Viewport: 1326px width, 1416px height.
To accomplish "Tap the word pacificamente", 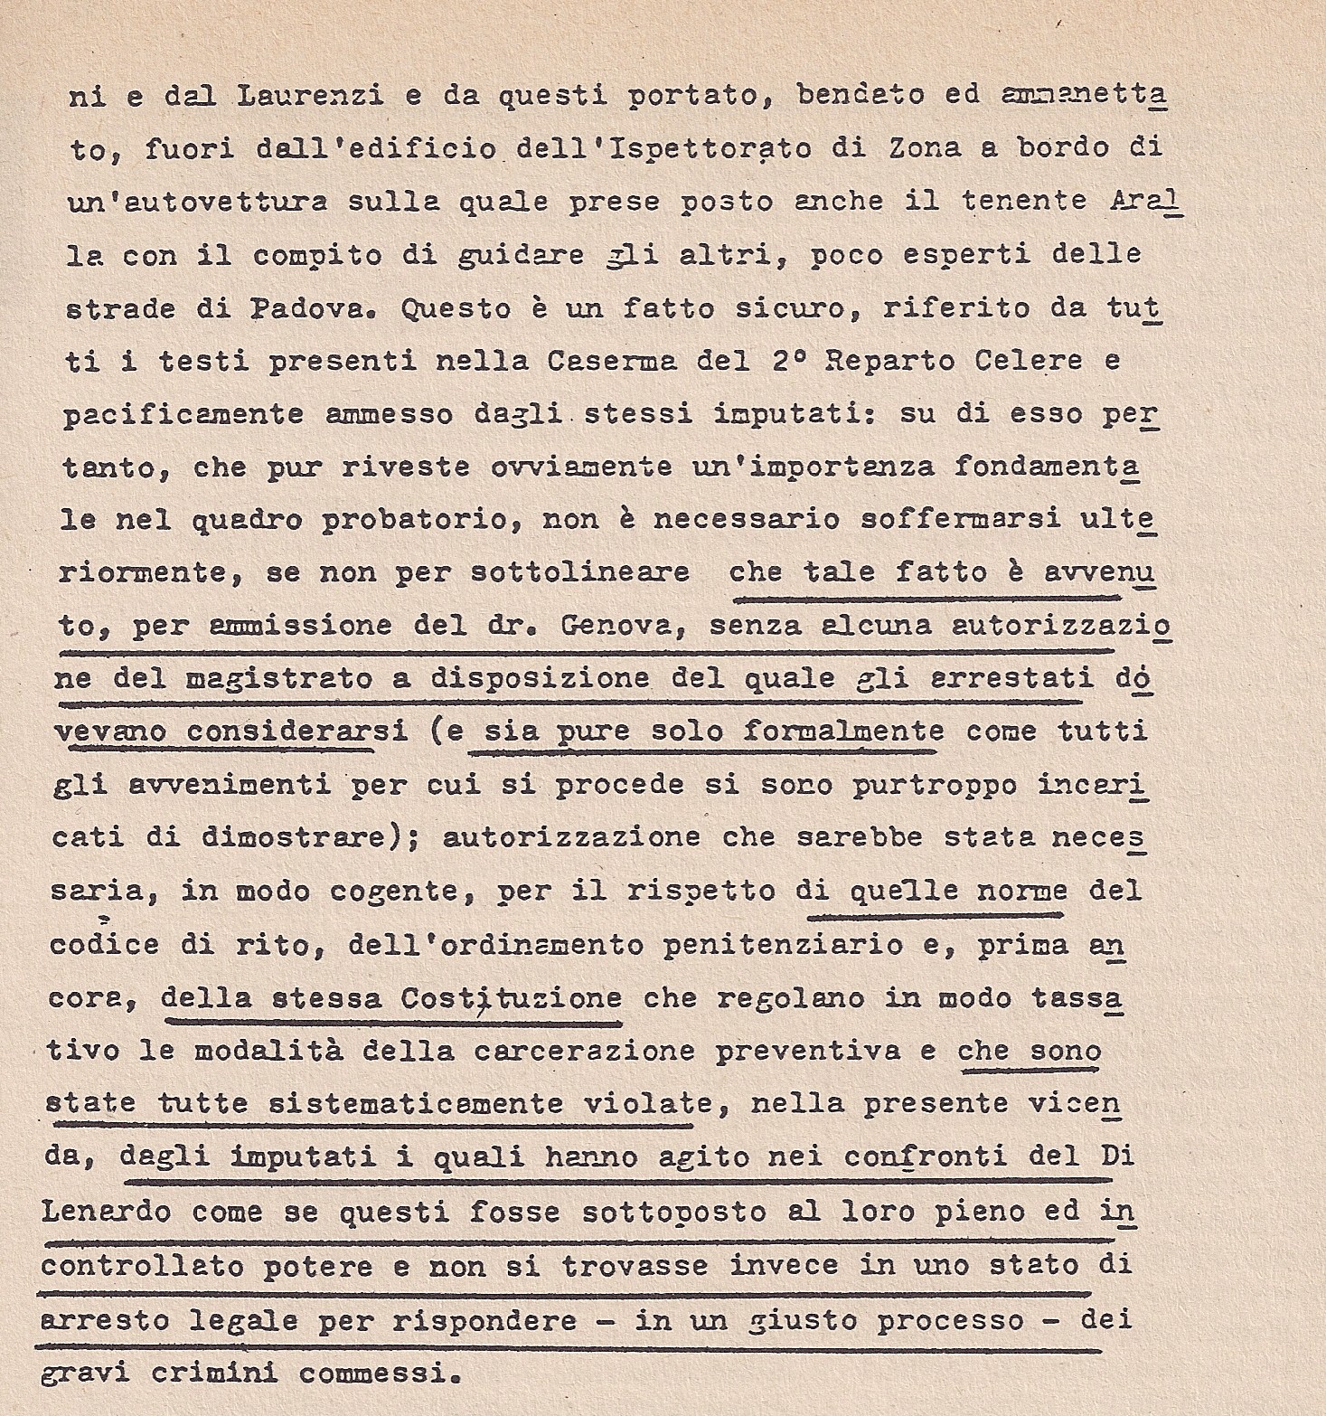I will (183, 414).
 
